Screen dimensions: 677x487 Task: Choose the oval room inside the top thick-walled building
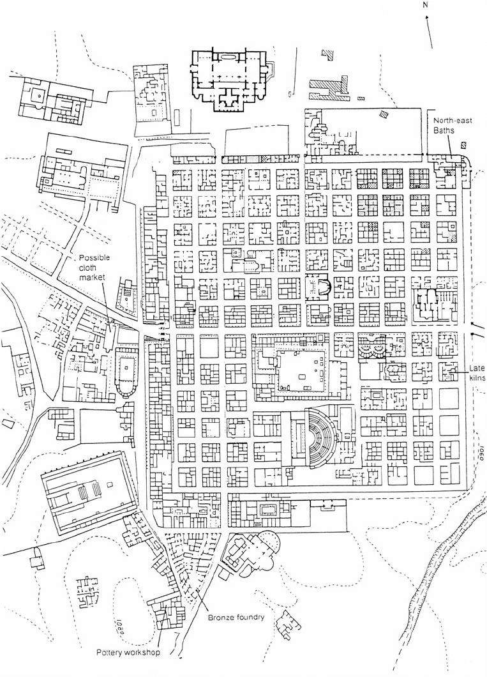(227, 59)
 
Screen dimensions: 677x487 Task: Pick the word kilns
(478, 379)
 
